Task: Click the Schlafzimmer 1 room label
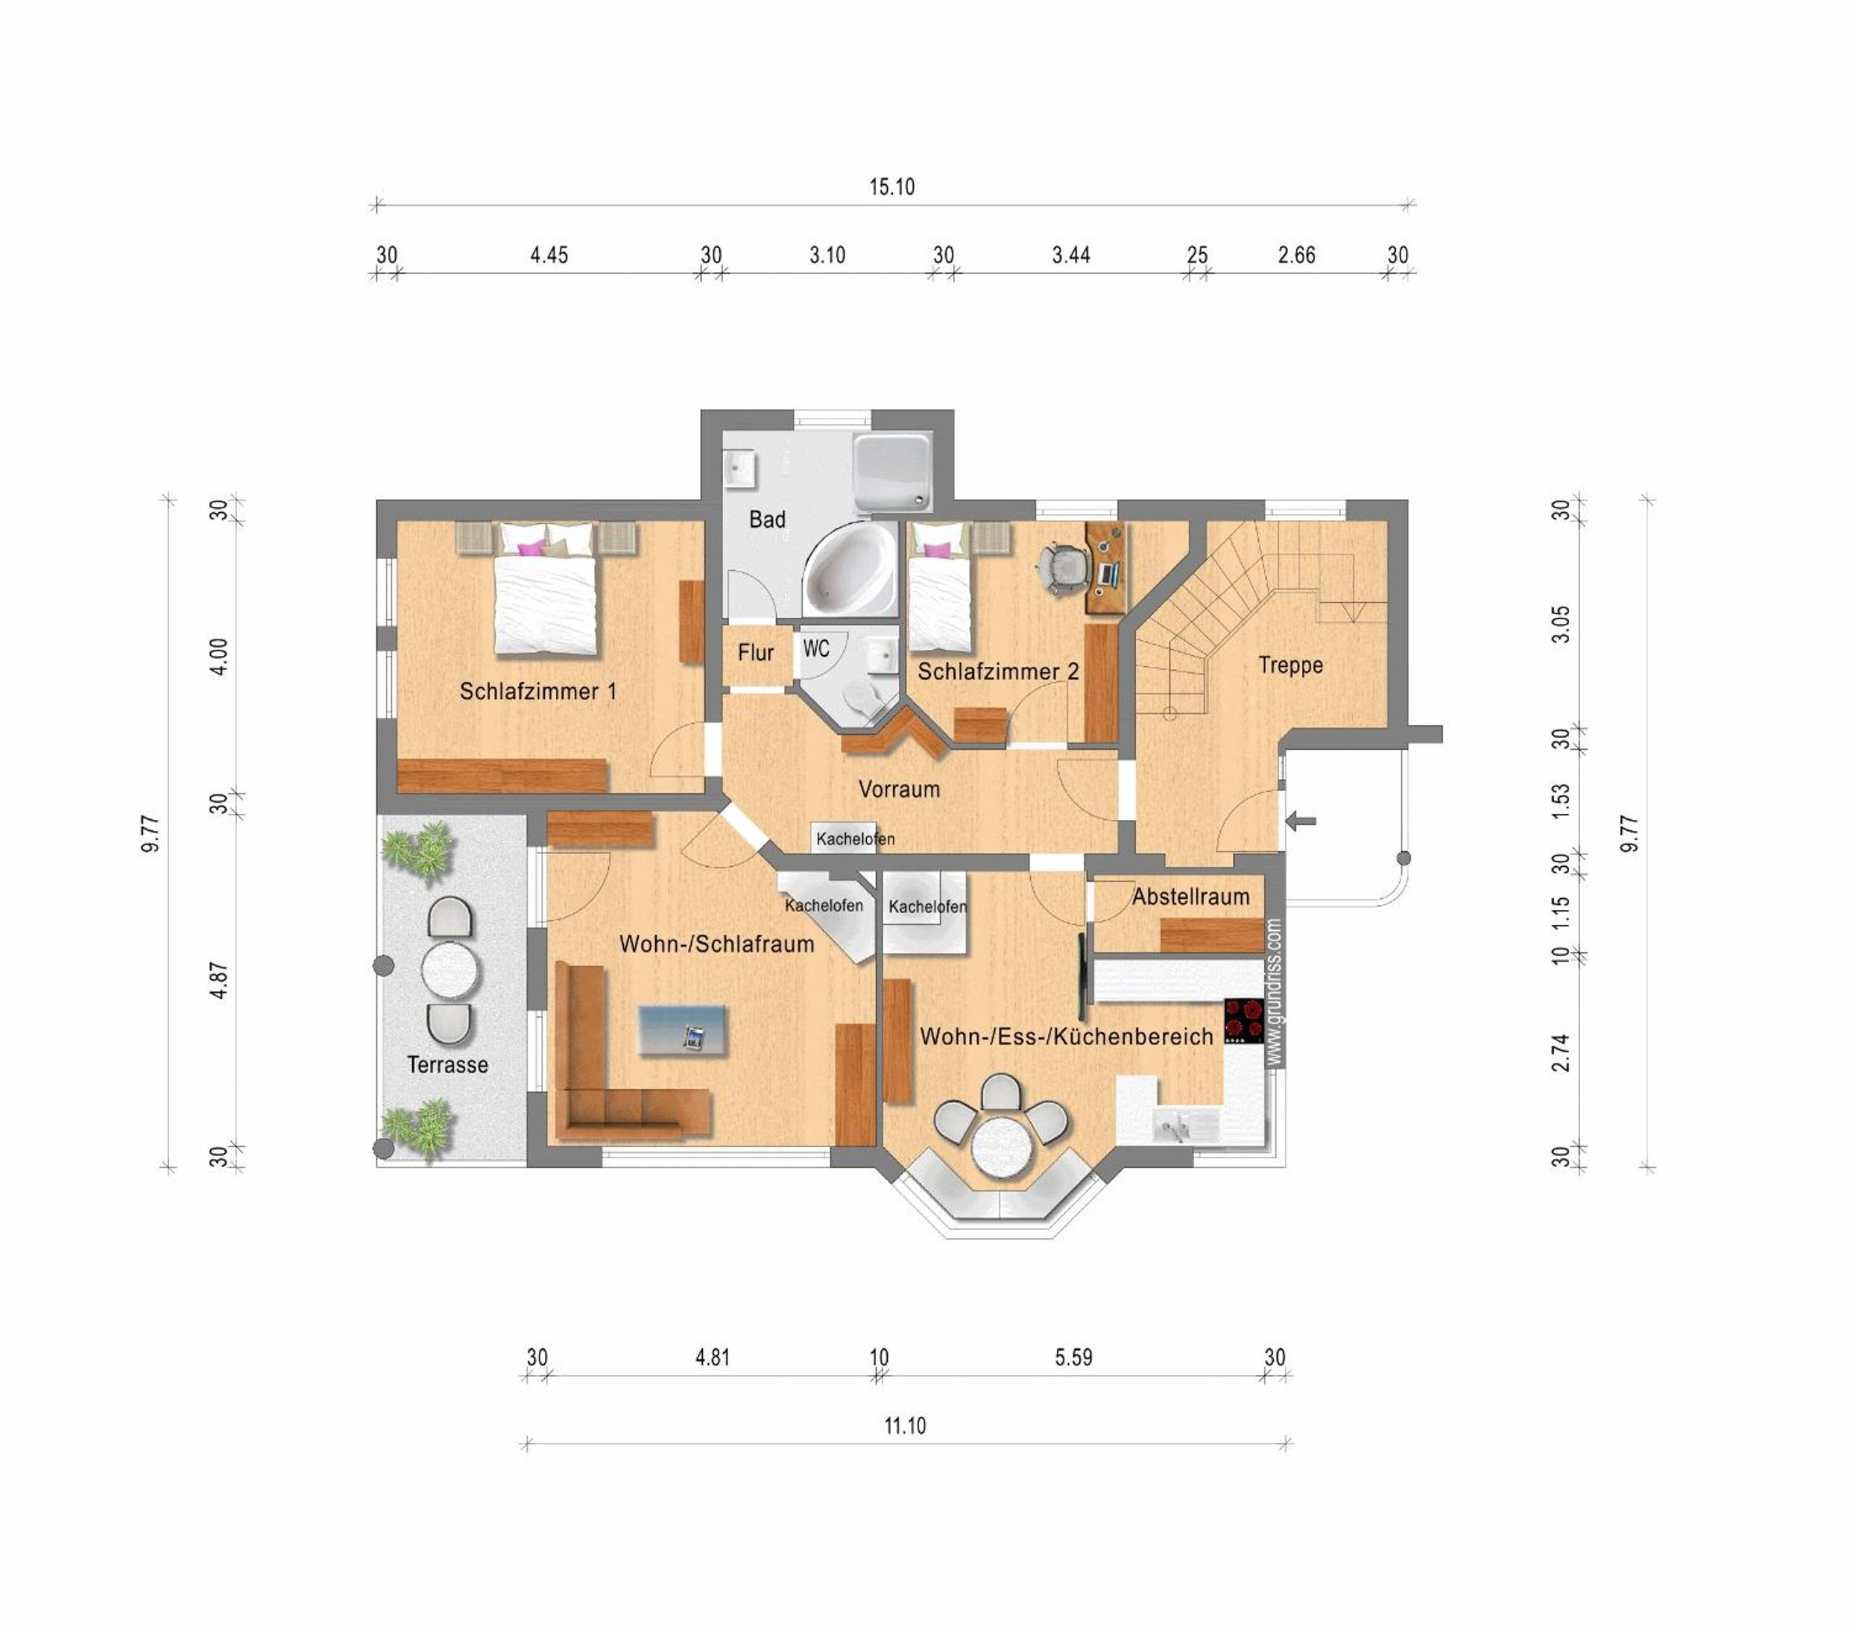[x=537, y=692]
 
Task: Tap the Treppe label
[x=1291, y=666]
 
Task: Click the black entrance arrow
[x=1301, y=822]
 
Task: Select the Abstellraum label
[x=1190, y=897]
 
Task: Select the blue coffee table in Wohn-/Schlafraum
[x=683, y=1030]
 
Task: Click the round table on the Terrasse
[x=450, y=970]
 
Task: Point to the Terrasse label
[x=447, y=1064]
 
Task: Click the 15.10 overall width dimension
[x=891, y=187]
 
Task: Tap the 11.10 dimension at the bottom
[x=905, y=1427]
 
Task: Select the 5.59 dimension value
[x=1073, y=1358]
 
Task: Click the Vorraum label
[x=899, y=789]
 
